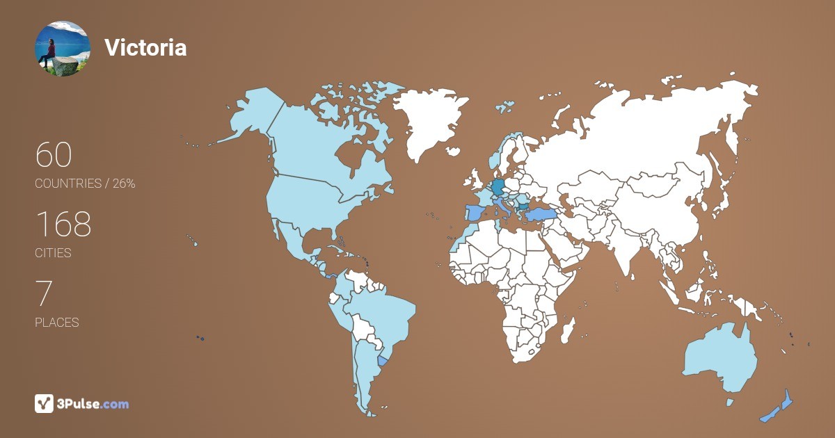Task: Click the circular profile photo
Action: coord(63,48)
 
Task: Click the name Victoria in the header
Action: coord(145,47)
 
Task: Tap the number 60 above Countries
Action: coord(54,155)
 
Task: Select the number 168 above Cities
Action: coord(63,225)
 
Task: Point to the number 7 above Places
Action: coord(44,294)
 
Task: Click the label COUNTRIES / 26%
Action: coord(85,184)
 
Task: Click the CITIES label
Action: coord(54,253)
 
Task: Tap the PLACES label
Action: coord(57,323)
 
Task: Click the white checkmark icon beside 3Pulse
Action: coord(44,403)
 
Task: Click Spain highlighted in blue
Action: coord(475,212)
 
